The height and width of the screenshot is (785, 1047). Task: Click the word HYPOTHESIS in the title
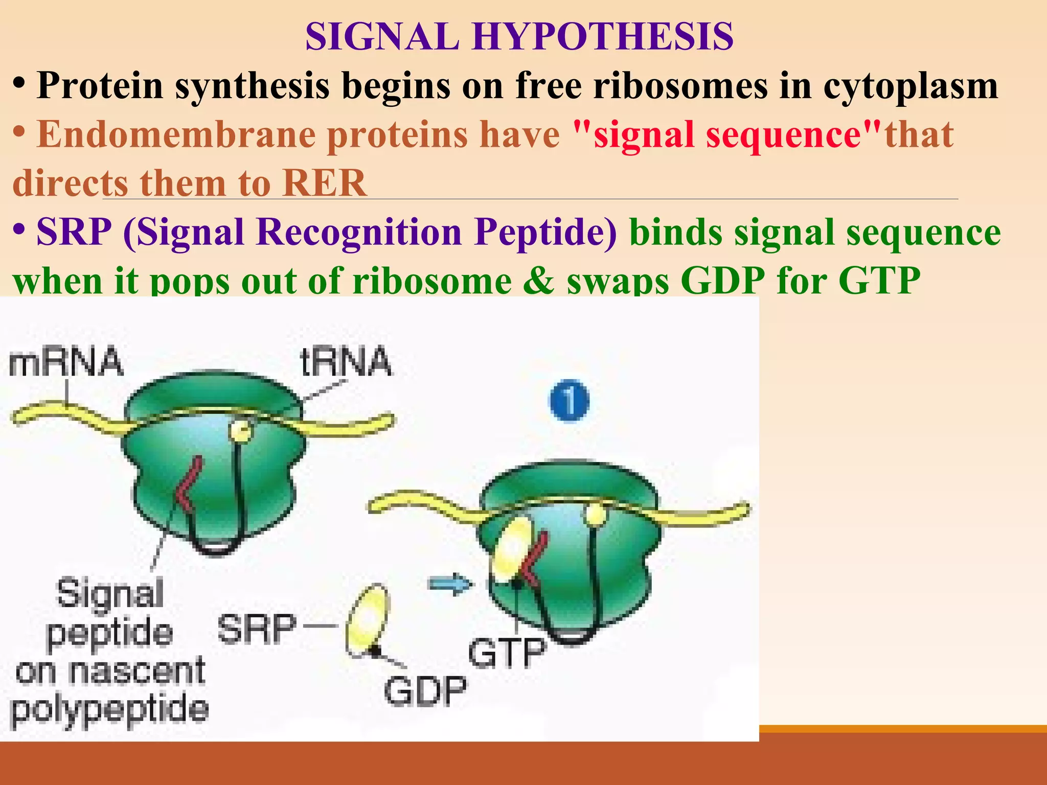tap(603, 37)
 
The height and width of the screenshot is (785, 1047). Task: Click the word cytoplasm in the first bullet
tap(910, 86)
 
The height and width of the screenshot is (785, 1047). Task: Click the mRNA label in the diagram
tap(66, 363)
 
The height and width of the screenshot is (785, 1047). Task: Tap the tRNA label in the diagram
tap(346, 362)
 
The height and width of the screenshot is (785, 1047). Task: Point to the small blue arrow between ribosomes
tap(450, 583)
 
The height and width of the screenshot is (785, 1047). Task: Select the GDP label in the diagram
tap(425, 690)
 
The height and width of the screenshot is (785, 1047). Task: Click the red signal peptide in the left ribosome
tap(187, 486)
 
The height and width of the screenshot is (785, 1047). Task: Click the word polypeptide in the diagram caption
tap(109, 710)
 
